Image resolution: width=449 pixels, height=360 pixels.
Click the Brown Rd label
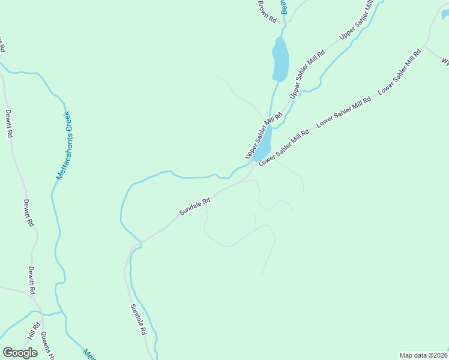point(267,11)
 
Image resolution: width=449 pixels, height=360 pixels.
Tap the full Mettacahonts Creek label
point(64,145)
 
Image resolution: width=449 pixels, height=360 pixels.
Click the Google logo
point(20,353)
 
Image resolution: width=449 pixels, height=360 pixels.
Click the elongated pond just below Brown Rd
point(280,59)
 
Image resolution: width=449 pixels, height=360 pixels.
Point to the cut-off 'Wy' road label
point(445,61)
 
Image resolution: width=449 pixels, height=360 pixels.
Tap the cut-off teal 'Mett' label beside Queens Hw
point(89,354)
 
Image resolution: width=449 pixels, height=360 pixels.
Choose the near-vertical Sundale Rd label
point(138,319)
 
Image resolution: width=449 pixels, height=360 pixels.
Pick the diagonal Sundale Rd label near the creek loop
point(194,207)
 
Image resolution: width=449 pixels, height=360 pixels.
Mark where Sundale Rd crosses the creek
point(140,242)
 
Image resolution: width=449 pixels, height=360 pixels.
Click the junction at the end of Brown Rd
point(288,22)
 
